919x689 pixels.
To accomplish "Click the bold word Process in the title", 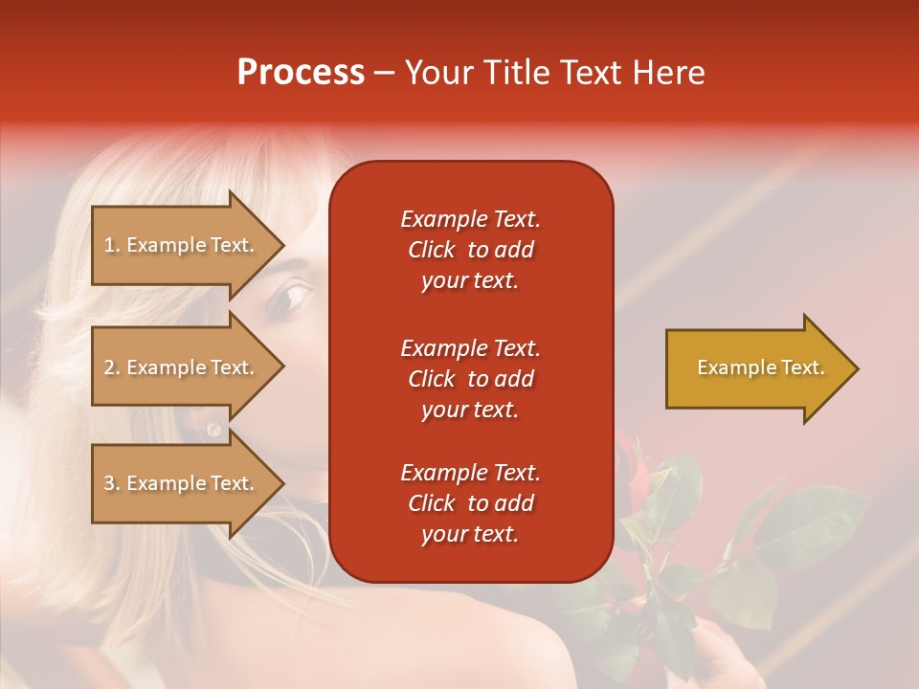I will tap(301, 73).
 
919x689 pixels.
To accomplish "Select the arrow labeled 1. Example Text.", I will tap(182, 245).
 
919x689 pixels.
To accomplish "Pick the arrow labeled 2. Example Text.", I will tap(182, 367).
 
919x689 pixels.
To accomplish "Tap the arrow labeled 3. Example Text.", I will tap(182, 483).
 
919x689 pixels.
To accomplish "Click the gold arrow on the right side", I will tap(756, 368).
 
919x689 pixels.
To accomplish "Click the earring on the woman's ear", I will tap(213, 430).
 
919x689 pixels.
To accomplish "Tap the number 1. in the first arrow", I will tap(112, 245).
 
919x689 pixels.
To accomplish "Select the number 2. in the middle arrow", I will tap(112, 367).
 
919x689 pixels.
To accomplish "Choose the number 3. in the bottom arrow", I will tap(112, 483).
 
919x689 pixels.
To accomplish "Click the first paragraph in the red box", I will tap(470, 250).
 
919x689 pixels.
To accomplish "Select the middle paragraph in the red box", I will tap(470, 379).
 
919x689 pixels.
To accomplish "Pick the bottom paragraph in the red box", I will tap(470, 503).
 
